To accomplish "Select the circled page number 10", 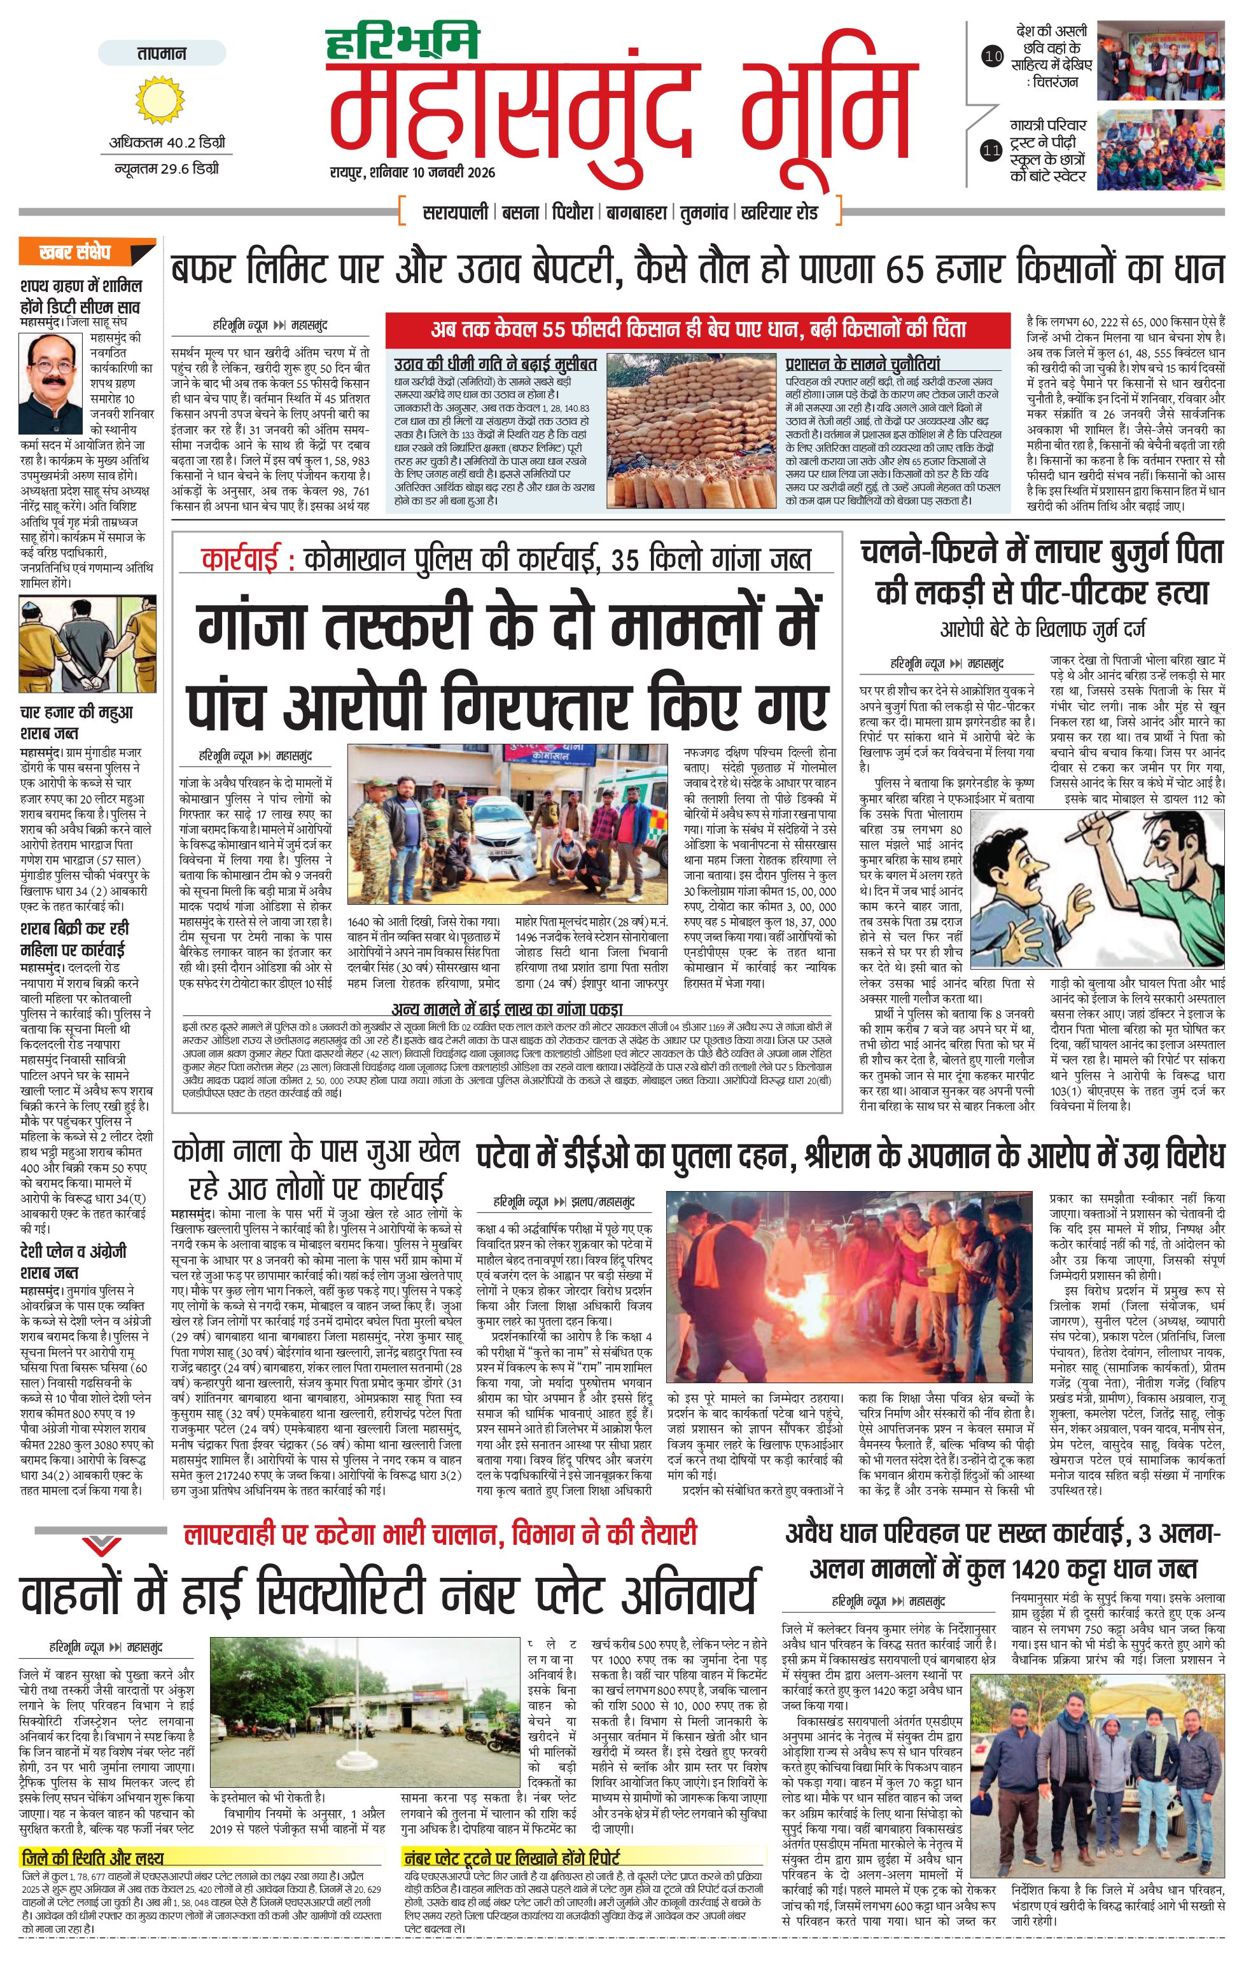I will point(993,57).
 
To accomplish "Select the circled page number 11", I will point(993,150).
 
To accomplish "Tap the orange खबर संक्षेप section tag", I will point(75,253).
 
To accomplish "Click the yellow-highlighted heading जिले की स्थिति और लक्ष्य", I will point(93,1857).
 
